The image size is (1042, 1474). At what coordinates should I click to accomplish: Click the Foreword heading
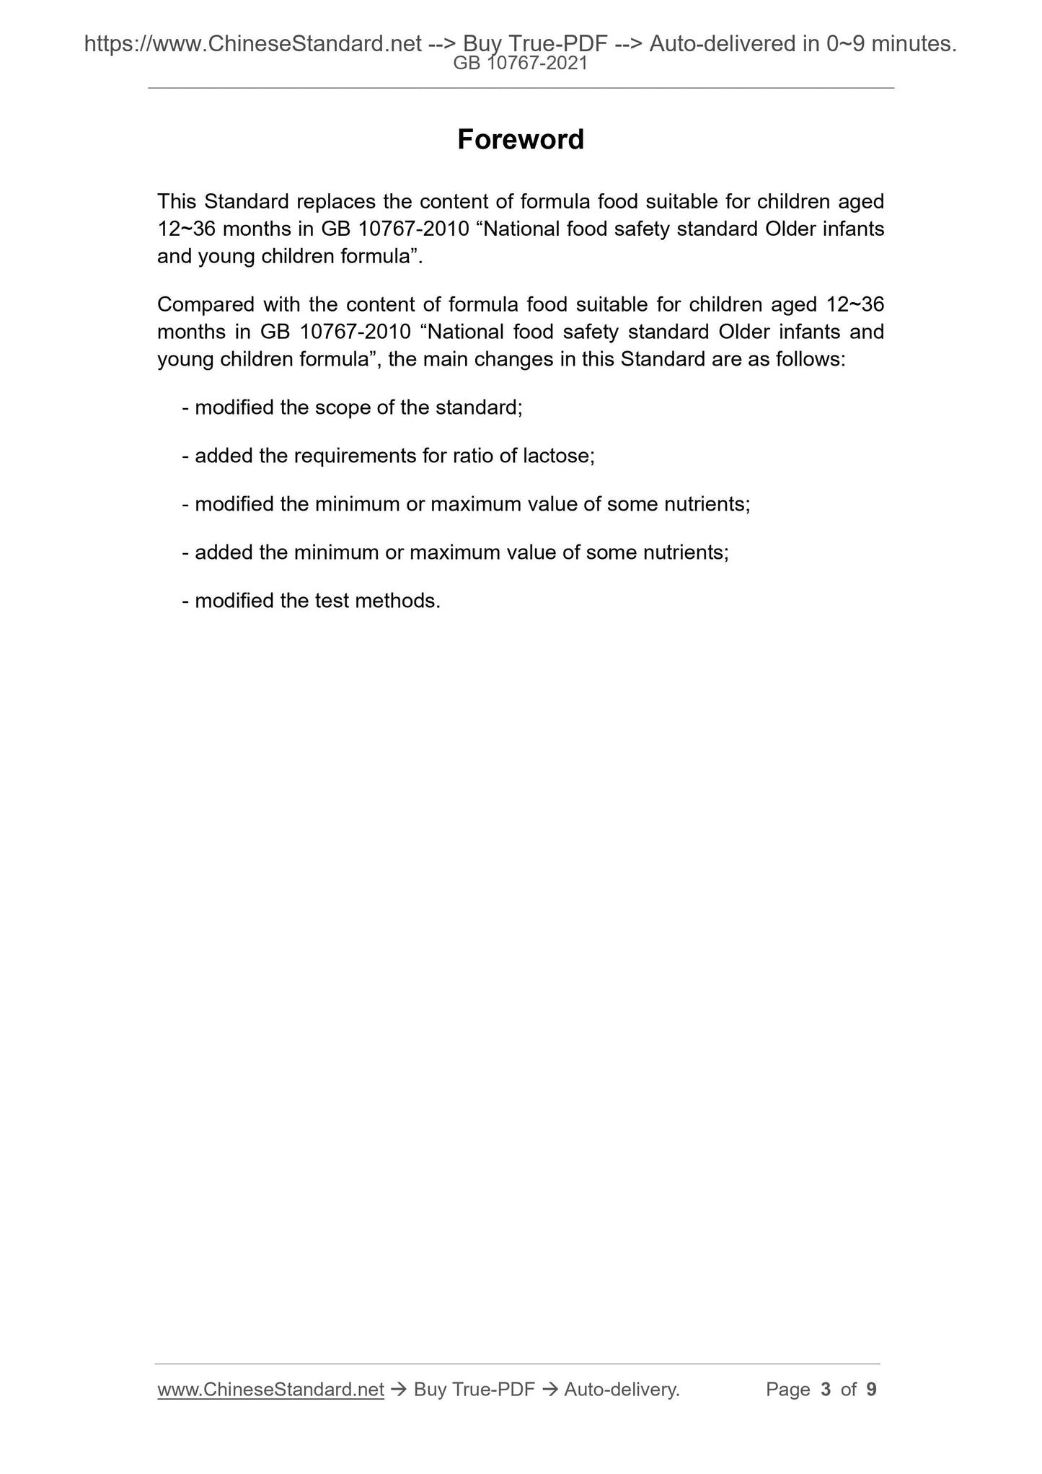click(521, 139)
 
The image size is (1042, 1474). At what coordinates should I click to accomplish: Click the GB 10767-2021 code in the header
click(520, 63)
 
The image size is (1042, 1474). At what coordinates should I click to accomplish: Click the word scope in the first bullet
click(344, 407)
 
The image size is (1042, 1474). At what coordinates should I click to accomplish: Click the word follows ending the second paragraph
click(810, 359)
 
